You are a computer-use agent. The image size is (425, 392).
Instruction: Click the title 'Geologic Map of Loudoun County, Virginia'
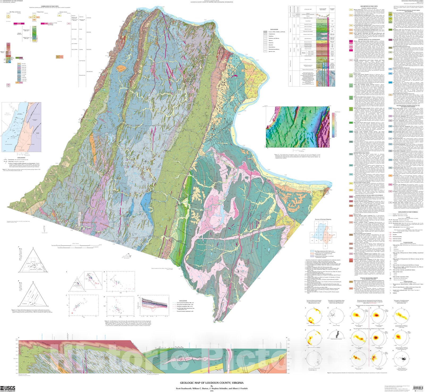[x=212, y=383]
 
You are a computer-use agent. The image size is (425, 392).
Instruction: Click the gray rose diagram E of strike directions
[x=336, y=335]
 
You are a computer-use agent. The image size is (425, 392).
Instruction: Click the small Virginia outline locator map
[x=127, y=255]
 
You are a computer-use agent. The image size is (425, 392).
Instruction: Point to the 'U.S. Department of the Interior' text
[x=7, y=1]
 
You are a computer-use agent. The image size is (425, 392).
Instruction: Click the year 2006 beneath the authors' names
[x=212, y=391]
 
